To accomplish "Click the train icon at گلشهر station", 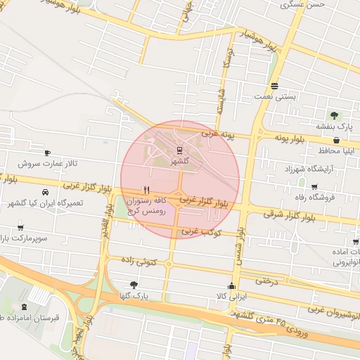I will coord(180,150).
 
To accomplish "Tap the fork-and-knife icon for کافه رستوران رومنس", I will coord(146,189).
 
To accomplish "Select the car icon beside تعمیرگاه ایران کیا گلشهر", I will coord(46,192).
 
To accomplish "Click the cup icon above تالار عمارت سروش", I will coord(47,153).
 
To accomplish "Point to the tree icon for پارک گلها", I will coord(134,285).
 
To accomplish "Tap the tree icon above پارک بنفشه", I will coord(334,115).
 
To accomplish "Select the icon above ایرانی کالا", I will coord(231,285).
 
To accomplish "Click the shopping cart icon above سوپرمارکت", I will coord(20,228).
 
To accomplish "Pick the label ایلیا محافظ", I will coord(339,150).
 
